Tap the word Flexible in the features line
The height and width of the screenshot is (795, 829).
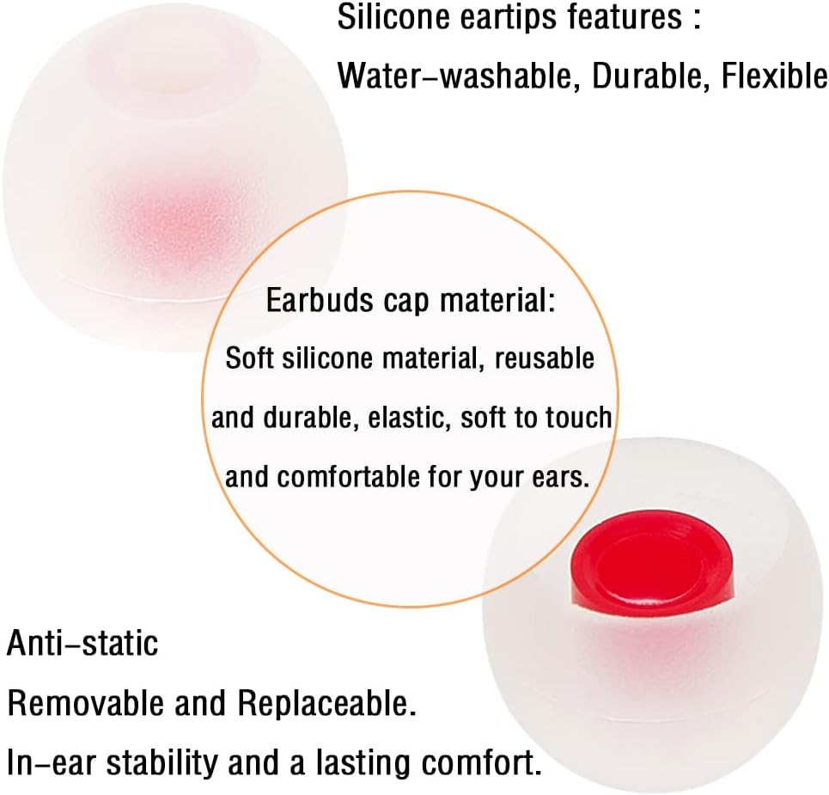[773, 76]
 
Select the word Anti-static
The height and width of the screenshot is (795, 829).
[82, 642]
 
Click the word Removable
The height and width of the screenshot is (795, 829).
[86, 704]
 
